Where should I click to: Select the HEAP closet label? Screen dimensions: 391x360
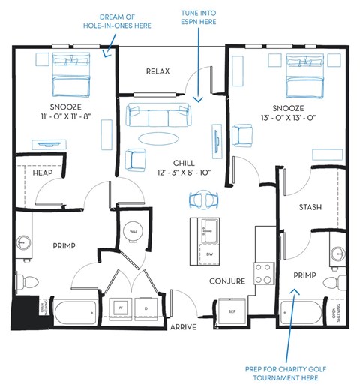[x=42, y=173]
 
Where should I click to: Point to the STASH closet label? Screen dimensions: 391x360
[x=310, y=207]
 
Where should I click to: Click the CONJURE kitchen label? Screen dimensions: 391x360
[x=227, y=281]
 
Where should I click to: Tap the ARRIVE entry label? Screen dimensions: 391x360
[x=184, y=327]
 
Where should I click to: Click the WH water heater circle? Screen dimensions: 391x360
[x=134, y=233]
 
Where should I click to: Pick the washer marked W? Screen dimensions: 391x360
[x=121, y=308]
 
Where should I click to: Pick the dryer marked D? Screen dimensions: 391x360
[x=146, y=308]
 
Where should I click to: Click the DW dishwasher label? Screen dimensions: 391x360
[x=209, y=254]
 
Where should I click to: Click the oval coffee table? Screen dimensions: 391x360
[x=159, y=137]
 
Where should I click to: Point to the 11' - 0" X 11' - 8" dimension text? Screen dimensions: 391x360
[x=55, y=117]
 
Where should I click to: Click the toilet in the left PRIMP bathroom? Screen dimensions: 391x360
[x=31, y=282]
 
